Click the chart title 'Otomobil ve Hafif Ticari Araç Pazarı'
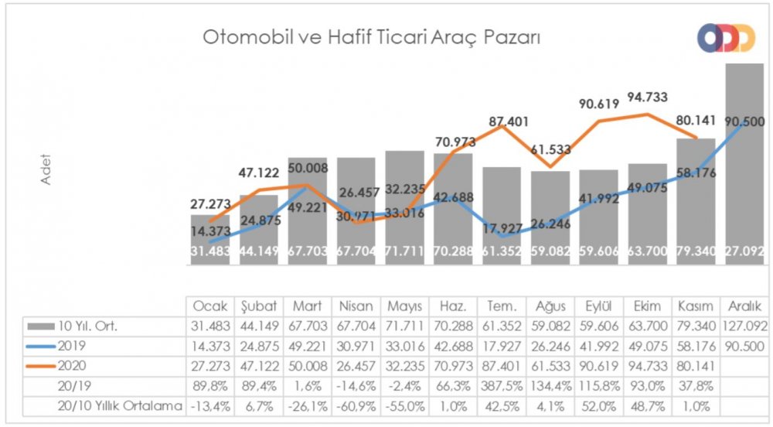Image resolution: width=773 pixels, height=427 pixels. click(370, 36)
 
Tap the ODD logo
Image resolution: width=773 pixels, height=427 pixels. click(726, 38)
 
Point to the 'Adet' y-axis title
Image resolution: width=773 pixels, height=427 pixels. click(44, 168)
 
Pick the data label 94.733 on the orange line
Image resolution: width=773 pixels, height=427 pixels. click(648, 97)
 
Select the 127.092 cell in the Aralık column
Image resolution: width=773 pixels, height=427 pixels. click(744, 324)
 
